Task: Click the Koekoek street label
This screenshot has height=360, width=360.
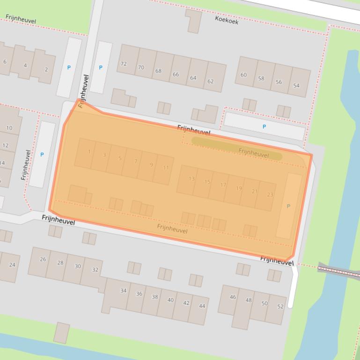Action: point(227,20)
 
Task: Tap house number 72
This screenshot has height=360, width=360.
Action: point(124,64)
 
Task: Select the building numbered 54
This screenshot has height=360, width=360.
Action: point(296,86)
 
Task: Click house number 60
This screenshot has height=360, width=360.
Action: point(243,75)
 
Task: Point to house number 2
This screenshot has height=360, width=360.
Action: point(46,70)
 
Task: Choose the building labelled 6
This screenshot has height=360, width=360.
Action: point(5,62)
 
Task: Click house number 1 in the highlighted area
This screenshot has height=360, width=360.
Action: point(89,151)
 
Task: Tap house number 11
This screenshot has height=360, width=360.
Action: point(166,168)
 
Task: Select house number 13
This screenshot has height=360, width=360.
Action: point(191,179)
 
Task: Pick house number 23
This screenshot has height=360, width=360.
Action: point(270,194)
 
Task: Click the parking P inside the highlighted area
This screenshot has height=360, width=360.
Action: point(288,206)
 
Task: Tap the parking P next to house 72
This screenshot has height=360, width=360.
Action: point(101,68)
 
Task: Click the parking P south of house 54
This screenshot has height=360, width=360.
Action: point(264,127)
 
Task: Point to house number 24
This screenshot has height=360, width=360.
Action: point(12,265)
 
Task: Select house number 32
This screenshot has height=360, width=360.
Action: point(95,270)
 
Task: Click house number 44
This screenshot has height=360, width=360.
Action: point(202,306)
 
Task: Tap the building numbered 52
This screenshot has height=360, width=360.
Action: point(280,307)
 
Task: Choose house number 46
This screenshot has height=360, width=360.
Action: point(233,297)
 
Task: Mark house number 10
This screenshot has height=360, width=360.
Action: point(9,128)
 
